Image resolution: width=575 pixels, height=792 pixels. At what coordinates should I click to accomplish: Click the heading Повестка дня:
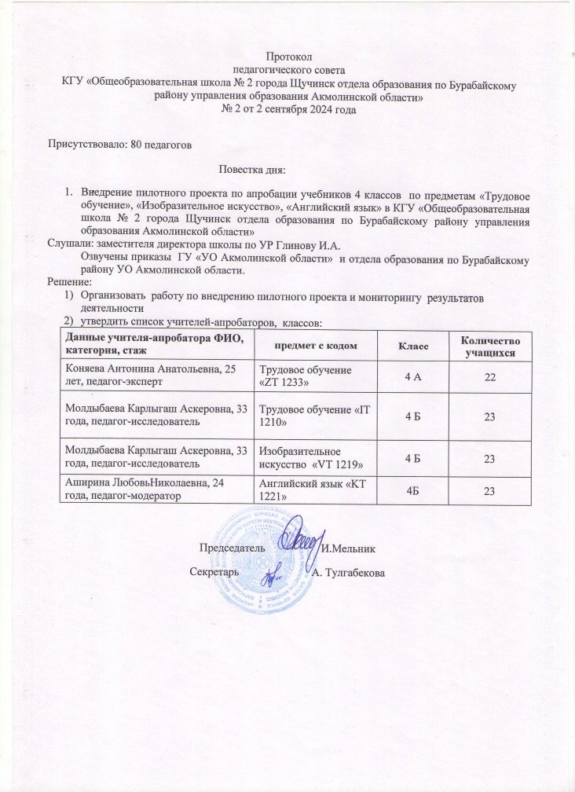(x=252, y=169)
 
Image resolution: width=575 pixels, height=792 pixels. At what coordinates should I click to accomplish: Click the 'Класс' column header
(x=411, y=346)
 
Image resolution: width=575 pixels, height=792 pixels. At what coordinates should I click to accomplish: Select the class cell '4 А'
(x=411, y=377)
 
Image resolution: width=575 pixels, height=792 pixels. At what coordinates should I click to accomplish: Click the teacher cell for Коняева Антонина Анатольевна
(x=153, y=377)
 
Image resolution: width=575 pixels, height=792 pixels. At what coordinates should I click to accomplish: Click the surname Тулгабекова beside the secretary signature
(x=353, y=573)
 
